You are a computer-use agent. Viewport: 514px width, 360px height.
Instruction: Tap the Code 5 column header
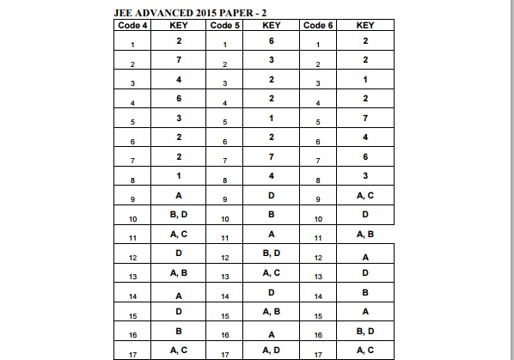click(225, 26)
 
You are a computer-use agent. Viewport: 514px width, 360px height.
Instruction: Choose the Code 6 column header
click(319, 26)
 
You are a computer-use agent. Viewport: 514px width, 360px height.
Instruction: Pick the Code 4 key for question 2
click(178, 60)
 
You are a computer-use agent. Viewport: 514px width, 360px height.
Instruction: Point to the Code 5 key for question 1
click(272, 40)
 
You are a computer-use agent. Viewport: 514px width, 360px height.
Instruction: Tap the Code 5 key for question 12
click(272, 253)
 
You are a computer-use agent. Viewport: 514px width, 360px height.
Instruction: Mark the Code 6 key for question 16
click(364, 330)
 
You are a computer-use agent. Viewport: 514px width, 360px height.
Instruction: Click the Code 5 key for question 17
click(272, 349)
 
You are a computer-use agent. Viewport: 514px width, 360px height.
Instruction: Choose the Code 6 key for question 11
click(364, 234)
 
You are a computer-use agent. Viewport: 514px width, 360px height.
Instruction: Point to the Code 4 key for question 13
click(178, 272)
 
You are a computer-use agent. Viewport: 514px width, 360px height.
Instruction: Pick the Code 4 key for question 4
click(178, 98)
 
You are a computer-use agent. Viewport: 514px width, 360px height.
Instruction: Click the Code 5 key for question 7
click(272, 156)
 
